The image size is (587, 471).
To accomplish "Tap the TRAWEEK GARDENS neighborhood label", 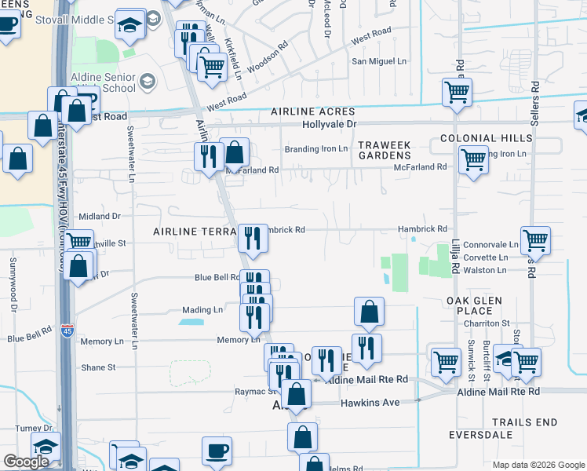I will click(x=385, y=150).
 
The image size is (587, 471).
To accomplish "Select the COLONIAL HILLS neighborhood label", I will click(x=486, y=138).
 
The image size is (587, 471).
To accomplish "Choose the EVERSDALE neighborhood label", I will click(x=480, y=435).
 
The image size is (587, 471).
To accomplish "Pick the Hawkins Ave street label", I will click(x=370, y=403).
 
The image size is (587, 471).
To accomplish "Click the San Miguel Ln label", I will click(x=380, y=61).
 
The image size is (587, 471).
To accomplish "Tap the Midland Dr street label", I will click(x=100, y=216).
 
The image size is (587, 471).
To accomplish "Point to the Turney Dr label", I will click(x=36, y=429).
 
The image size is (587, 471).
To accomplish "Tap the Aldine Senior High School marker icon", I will click(x=147, y=81).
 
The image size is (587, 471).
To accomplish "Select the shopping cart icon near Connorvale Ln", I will click(x=535, y=240).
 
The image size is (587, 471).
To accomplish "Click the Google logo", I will click(x=26, y=462).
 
